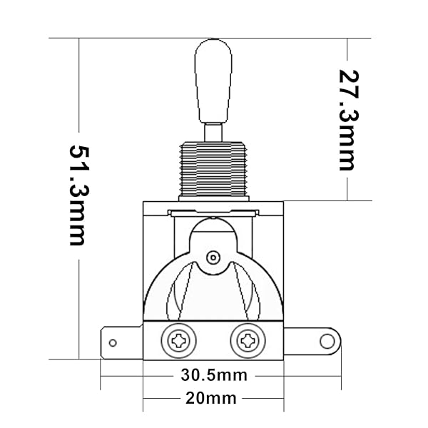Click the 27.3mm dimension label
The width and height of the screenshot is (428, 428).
click(x=347, y=119)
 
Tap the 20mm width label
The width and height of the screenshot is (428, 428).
click(x=213, y=397)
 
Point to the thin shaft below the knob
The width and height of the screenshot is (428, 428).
click(x=213, y=133)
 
